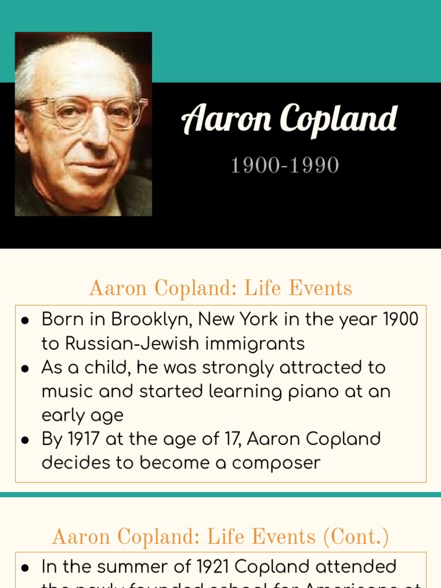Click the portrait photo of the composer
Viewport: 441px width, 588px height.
tap(83, 124)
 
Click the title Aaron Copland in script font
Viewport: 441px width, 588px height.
tap(289, 119)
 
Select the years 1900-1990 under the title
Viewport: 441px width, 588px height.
tap(284, 165)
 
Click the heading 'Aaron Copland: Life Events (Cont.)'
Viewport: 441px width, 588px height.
tap(220, 537)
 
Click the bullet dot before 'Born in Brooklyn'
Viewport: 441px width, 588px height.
tap(25, 320)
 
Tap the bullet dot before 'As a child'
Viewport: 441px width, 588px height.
tap(25, 368)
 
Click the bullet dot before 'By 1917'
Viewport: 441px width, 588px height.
tap(25, 440)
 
